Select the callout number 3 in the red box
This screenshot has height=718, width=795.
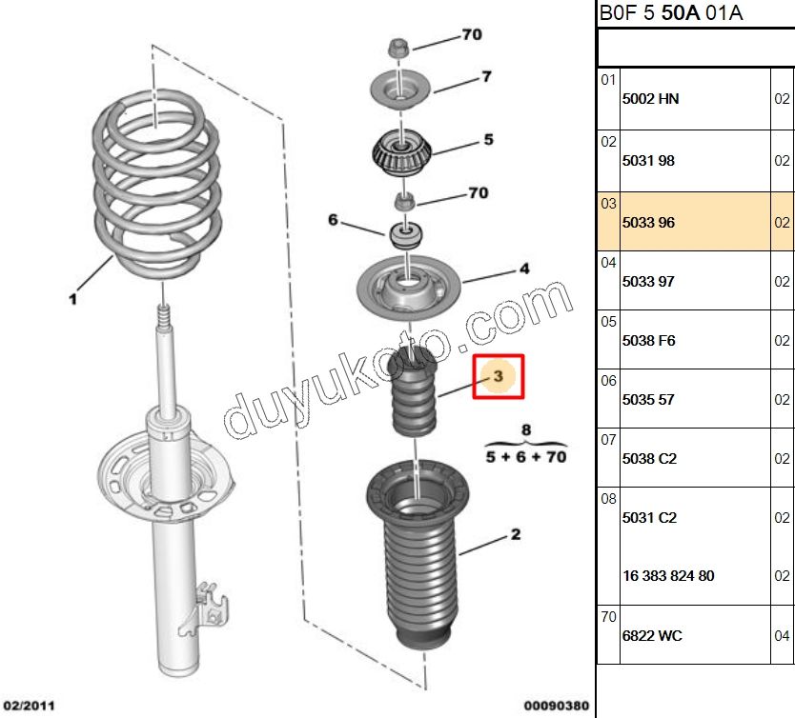tap(499, 377)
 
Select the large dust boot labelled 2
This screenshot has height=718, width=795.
tap(417, 562)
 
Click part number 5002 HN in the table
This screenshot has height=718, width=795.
tap(651, 99)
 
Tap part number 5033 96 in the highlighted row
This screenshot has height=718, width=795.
tap(648, 223)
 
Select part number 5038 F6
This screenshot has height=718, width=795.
tap(649, 340)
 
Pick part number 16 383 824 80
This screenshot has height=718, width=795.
tap(668, 575)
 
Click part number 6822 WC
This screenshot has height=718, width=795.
tap(652, 635)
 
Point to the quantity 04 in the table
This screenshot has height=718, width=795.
tap(782, 635)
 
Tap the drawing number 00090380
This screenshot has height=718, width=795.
tap(557, 706)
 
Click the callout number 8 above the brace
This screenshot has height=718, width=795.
tap(525, 430)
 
